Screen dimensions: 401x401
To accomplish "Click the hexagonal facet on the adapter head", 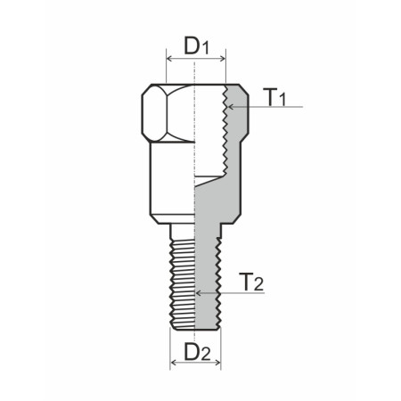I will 153,113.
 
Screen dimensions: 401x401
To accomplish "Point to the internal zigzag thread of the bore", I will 222,134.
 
